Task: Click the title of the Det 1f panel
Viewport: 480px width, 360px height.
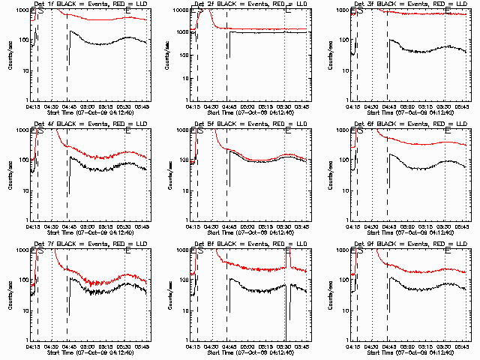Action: [x=90, y=4]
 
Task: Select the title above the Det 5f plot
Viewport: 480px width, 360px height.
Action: [x=250, y=124]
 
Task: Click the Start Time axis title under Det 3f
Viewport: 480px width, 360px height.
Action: [x=409, y=112]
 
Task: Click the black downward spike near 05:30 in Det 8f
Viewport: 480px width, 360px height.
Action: [x=286, y=315]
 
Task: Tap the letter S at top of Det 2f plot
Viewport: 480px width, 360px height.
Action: [x=200, y=10]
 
